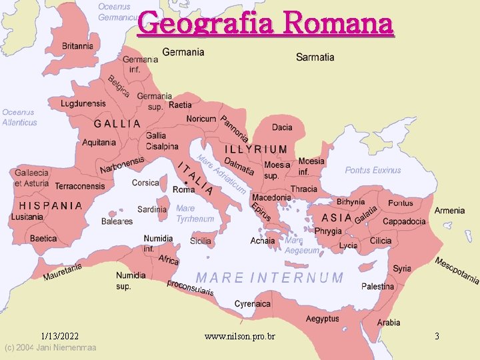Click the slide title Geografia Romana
(x=265, y=24)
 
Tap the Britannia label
(x=78, y=46)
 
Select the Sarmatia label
(x=315, y=57)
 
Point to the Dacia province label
(x=282, y=127)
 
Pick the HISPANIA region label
(x=51, y=206)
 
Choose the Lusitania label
(x=27, y=217)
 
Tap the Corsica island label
(x=145, y=183)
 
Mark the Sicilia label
(x=201, y=241)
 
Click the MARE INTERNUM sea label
(x=269, y=277)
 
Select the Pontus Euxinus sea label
(x=373, y=171)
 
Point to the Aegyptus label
(x=323, y=319)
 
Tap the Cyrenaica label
(x=253, y=304)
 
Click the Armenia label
(x=449, y=211)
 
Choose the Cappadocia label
(x=404, y=221)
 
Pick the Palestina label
(x=378, y=287)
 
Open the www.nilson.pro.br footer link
(x=239, y=337)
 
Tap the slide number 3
(x=437, y=337)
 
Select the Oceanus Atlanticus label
(x=19, y=117)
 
